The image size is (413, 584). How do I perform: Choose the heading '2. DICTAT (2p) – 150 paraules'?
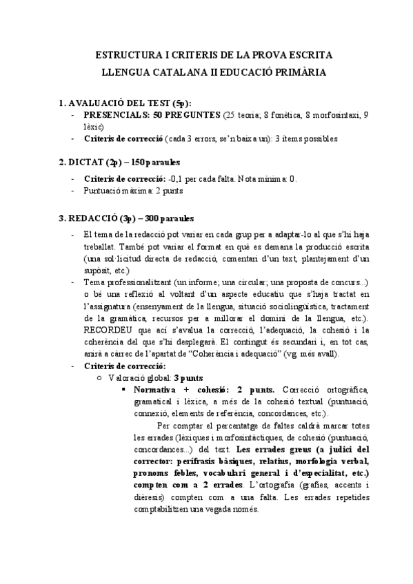coord(119,163)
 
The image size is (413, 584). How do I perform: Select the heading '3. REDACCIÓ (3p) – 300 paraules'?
coord(126,218)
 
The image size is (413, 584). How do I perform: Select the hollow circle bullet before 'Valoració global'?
coord(103,378)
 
